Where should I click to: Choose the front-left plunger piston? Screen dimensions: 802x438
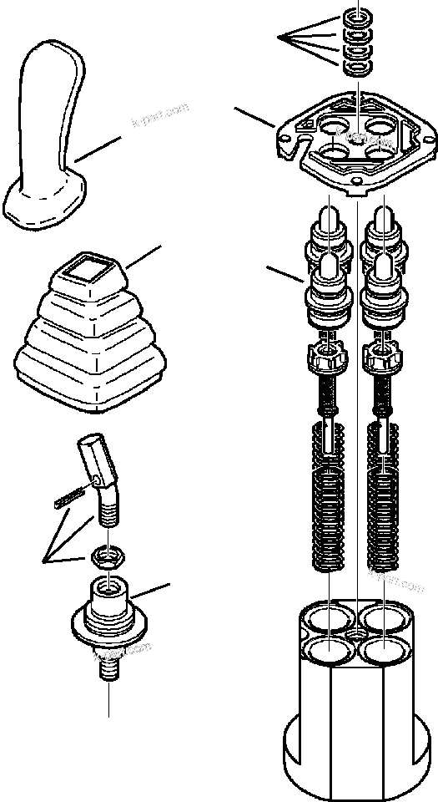click(x=327, y=292)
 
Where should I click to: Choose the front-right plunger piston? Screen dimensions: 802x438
click(x=383, y=292)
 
